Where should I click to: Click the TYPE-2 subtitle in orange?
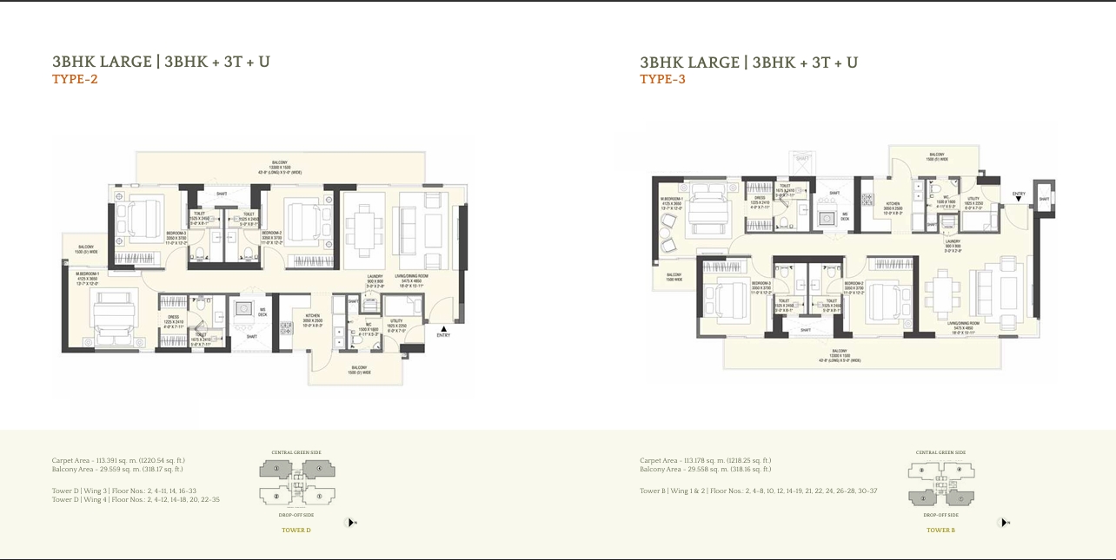[x=75, y=80]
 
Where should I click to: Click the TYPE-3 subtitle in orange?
[x=662, y=80]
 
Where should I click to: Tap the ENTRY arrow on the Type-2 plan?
[x=443, y=328]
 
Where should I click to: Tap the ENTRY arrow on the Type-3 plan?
[x=1019, y=199]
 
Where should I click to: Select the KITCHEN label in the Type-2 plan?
[x=313, y=319]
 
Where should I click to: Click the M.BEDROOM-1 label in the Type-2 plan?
[x=86, y=276]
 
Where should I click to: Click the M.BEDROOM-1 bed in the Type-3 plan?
[x=707, y=209]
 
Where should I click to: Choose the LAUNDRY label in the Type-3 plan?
[x=953, y=243]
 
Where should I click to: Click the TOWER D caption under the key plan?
[x=296, y=530]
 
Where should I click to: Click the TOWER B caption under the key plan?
[x=940, y=530]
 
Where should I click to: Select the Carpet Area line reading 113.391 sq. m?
[x=118, y=460]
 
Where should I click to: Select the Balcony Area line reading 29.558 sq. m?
[x=705, y=470]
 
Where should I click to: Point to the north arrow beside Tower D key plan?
[x=351, y=522]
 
